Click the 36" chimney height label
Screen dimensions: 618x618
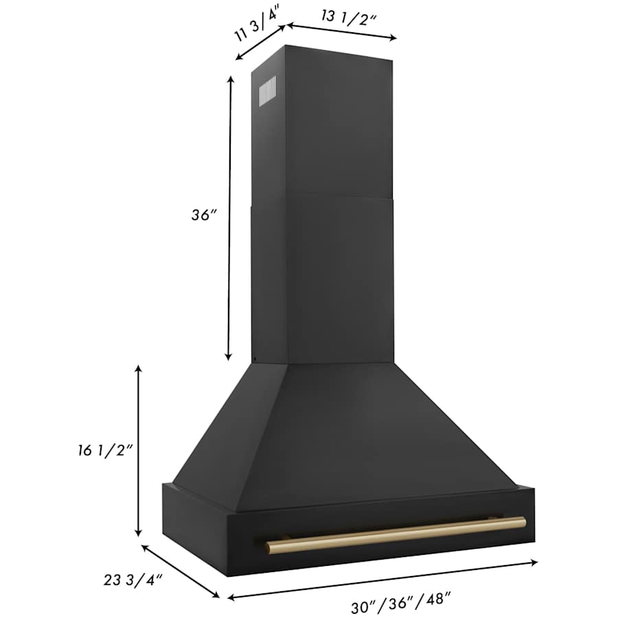(204, 214)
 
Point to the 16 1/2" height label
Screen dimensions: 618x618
(104, 450)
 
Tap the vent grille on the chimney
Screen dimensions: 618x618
(267, 91)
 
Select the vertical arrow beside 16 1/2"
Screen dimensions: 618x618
(139, 451)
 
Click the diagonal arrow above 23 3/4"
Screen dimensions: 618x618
(181, 571)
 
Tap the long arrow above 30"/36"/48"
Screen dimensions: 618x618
(382, 580)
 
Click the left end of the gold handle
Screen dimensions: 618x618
(271, 547)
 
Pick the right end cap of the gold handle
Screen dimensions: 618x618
(523, 522)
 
